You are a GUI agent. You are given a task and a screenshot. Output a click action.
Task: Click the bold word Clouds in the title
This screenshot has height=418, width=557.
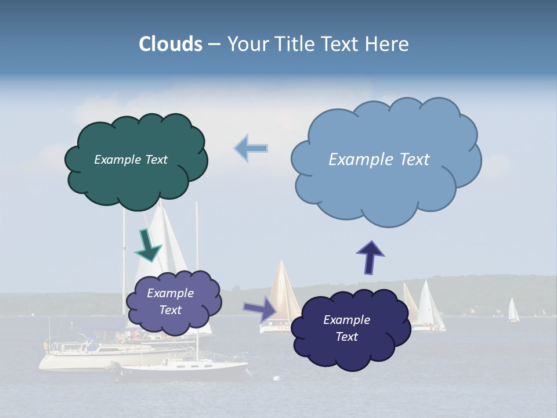click(171, 44)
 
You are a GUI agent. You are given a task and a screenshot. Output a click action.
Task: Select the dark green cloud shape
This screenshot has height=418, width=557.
click(136, 180)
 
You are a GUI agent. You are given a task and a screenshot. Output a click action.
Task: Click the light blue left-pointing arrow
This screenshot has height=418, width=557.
click(251, 148)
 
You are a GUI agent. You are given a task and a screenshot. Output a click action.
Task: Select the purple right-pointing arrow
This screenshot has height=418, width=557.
click(261, 308)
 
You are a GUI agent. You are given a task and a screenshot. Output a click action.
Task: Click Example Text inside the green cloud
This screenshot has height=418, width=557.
click(131, 160)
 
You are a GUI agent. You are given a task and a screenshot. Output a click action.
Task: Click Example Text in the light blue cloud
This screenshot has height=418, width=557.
click(379, 160)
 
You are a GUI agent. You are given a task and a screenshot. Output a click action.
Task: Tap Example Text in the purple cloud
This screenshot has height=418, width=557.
click(171, 301)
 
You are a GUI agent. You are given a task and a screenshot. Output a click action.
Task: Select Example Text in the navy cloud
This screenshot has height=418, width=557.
click(346, 328)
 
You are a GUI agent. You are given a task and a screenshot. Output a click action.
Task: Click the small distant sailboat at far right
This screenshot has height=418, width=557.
click(513, 311)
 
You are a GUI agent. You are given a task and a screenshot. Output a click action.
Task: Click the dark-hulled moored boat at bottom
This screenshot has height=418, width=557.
click(186, 370)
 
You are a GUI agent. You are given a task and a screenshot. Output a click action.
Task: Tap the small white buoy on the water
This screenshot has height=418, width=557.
click(276, 379)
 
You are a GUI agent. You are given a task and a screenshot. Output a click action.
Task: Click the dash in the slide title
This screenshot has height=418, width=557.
click(214, 45)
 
